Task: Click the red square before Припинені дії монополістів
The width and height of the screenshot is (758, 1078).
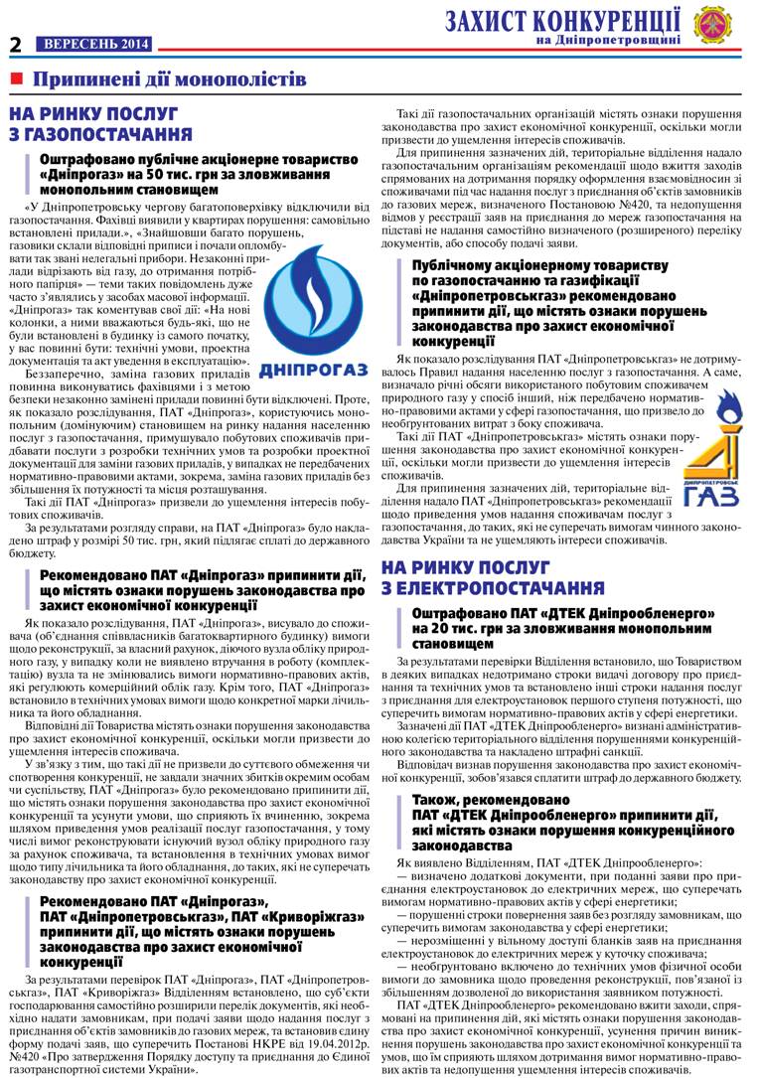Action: (x=17, y=78)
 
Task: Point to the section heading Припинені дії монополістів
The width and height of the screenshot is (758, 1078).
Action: (x=170, y=78)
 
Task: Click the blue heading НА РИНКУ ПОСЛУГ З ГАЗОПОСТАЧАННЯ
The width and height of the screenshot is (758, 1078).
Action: (x=100, y=124)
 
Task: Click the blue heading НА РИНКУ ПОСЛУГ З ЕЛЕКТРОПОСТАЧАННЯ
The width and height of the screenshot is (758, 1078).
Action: (x=493, y=577)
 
